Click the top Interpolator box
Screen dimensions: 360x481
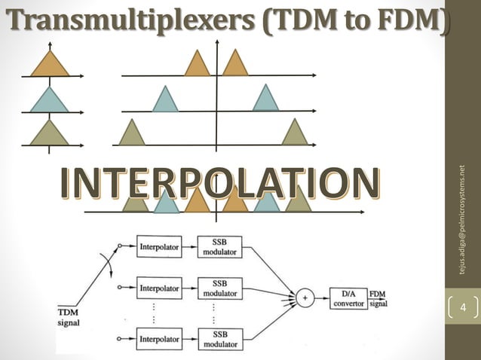click(158, 246)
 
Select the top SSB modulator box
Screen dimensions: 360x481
click(219, 246)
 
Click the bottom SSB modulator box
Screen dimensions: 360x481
click(219, 339)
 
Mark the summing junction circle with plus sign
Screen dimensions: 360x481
click(305, 297)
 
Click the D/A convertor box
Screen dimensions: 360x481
click(348, 297)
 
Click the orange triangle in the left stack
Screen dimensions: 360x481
click(50, 64)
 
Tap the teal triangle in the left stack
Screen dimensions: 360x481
click(50, 99)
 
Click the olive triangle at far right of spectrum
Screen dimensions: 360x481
click(295, 133)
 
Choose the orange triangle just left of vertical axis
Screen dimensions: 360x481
click(197, 64)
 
